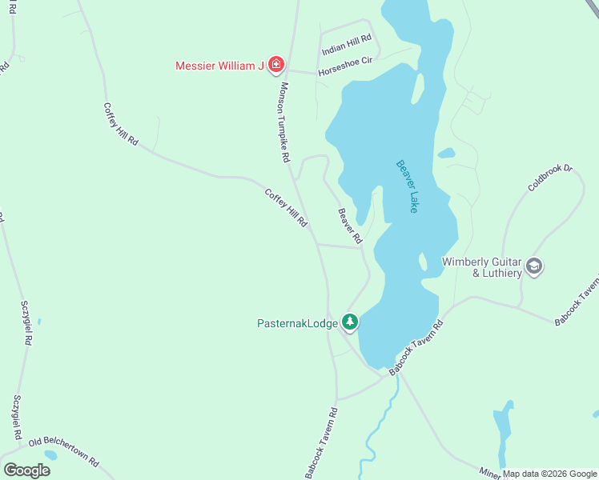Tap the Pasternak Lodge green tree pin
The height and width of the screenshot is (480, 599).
(350, 322)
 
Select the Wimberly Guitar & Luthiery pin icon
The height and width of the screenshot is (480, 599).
(535, 266)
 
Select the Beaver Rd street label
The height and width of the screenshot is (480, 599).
(350, 226)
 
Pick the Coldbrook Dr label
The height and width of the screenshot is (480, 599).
(551, 178)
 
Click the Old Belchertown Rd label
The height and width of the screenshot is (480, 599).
(63, 451)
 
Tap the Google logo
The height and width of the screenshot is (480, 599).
(26, 470)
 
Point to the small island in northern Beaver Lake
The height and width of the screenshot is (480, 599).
(418, 88)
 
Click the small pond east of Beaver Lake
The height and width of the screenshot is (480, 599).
(446, 153)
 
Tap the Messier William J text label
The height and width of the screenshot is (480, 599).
(219, 66)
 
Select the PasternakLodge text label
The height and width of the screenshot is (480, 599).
(297, 323)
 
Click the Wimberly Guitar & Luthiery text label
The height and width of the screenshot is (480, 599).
(482, 267)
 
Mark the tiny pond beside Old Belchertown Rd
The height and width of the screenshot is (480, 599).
(50, 455)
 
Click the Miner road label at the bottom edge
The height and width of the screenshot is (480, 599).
(490, 474)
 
